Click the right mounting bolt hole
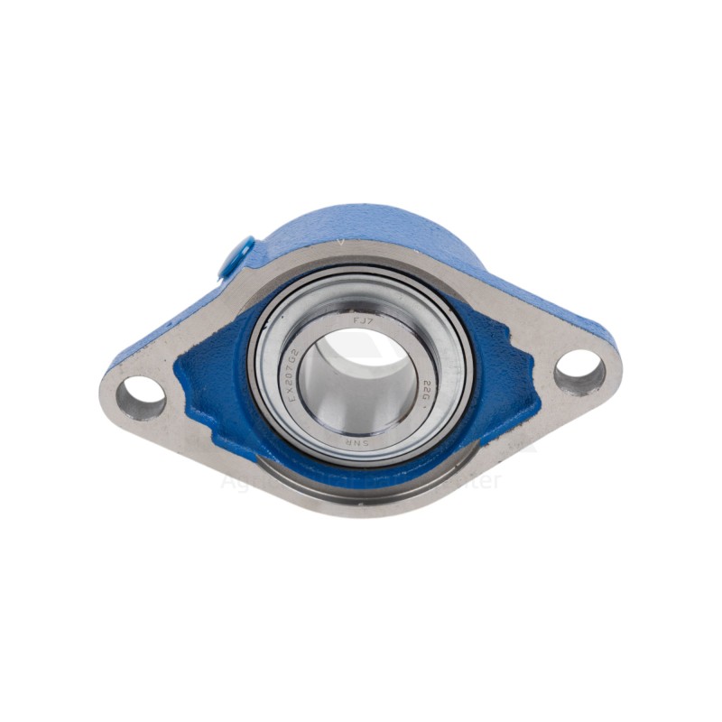point(579,369)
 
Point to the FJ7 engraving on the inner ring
point(361,319)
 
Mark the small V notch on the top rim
point(340,243)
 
